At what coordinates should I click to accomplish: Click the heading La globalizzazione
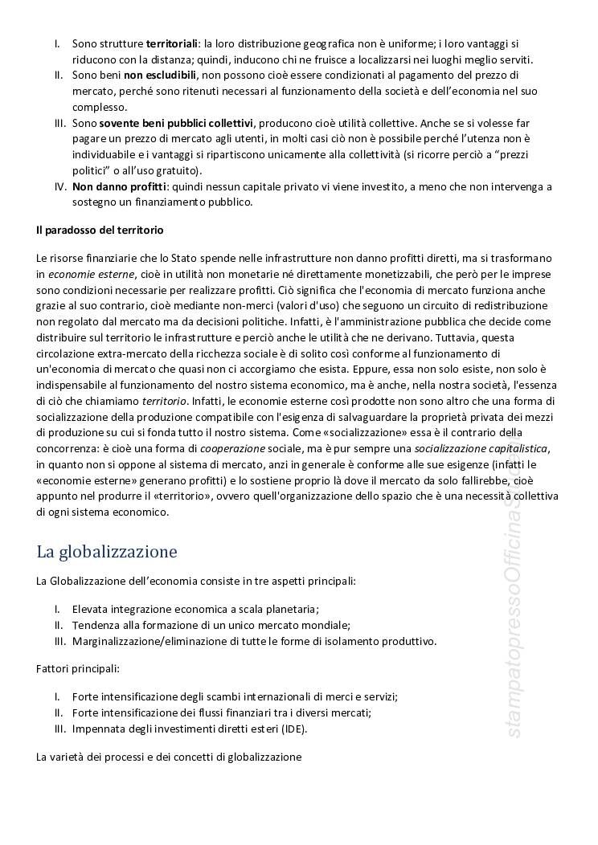(106, 553)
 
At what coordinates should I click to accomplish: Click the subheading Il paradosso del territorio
(100, 230)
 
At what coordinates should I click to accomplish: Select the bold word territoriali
(174, 43)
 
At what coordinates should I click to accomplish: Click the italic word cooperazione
(233, 448)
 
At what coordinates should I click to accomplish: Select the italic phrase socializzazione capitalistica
(483, 448)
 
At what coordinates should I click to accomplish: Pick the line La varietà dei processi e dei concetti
(169, 757)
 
